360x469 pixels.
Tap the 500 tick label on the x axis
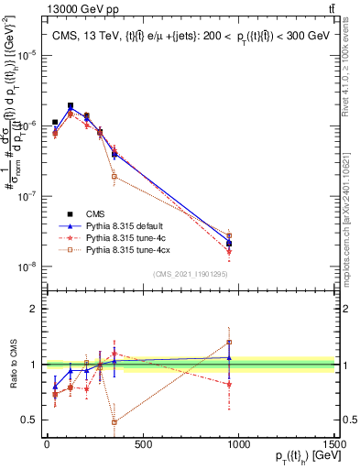[142, 444]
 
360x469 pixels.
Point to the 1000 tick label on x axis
[238, 444]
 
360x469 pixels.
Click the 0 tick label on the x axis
[47, 444]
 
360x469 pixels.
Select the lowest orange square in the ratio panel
[114, 422]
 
